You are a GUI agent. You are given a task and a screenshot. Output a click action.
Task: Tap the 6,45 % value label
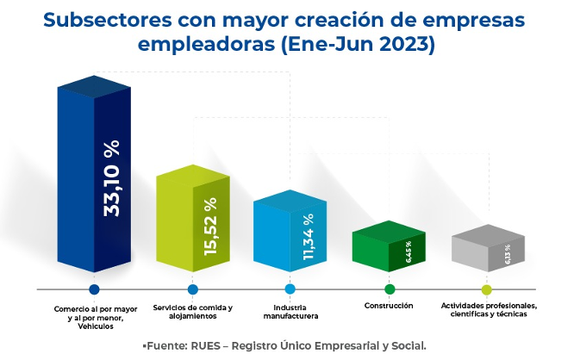[408, 252]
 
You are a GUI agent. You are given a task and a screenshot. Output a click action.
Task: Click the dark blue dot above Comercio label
[94, 289]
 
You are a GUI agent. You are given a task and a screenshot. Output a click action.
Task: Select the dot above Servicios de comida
[192, 289]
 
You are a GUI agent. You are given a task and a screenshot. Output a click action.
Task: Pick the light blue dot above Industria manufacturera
[290, 289]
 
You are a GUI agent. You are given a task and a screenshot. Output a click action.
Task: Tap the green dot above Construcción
[389, 289]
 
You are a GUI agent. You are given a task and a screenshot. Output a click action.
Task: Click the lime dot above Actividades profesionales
[486, 289]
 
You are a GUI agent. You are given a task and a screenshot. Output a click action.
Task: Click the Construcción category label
[389, 306]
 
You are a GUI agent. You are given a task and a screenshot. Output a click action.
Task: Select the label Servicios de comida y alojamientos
[192, 312]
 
